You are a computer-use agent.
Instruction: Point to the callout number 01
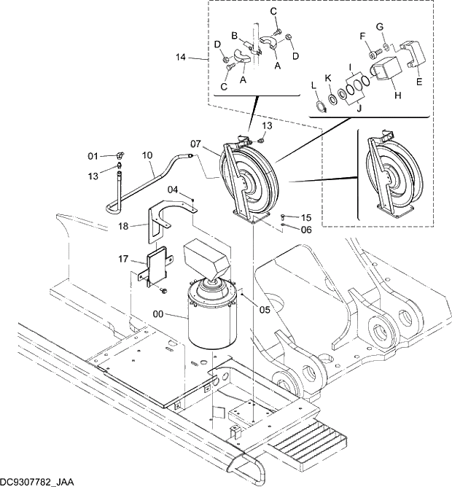93,156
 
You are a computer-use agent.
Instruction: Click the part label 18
124,227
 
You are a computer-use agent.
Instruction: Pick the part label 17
124,258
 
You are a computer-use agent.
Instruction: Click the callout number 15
306,217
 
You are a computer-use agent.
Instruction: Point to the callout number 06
306,230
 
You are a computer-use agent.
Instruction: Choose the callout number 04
174,190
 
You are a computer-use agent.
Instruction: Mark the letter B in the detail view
235,36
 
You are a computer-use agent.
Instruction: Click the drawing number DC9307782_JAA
37,481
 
